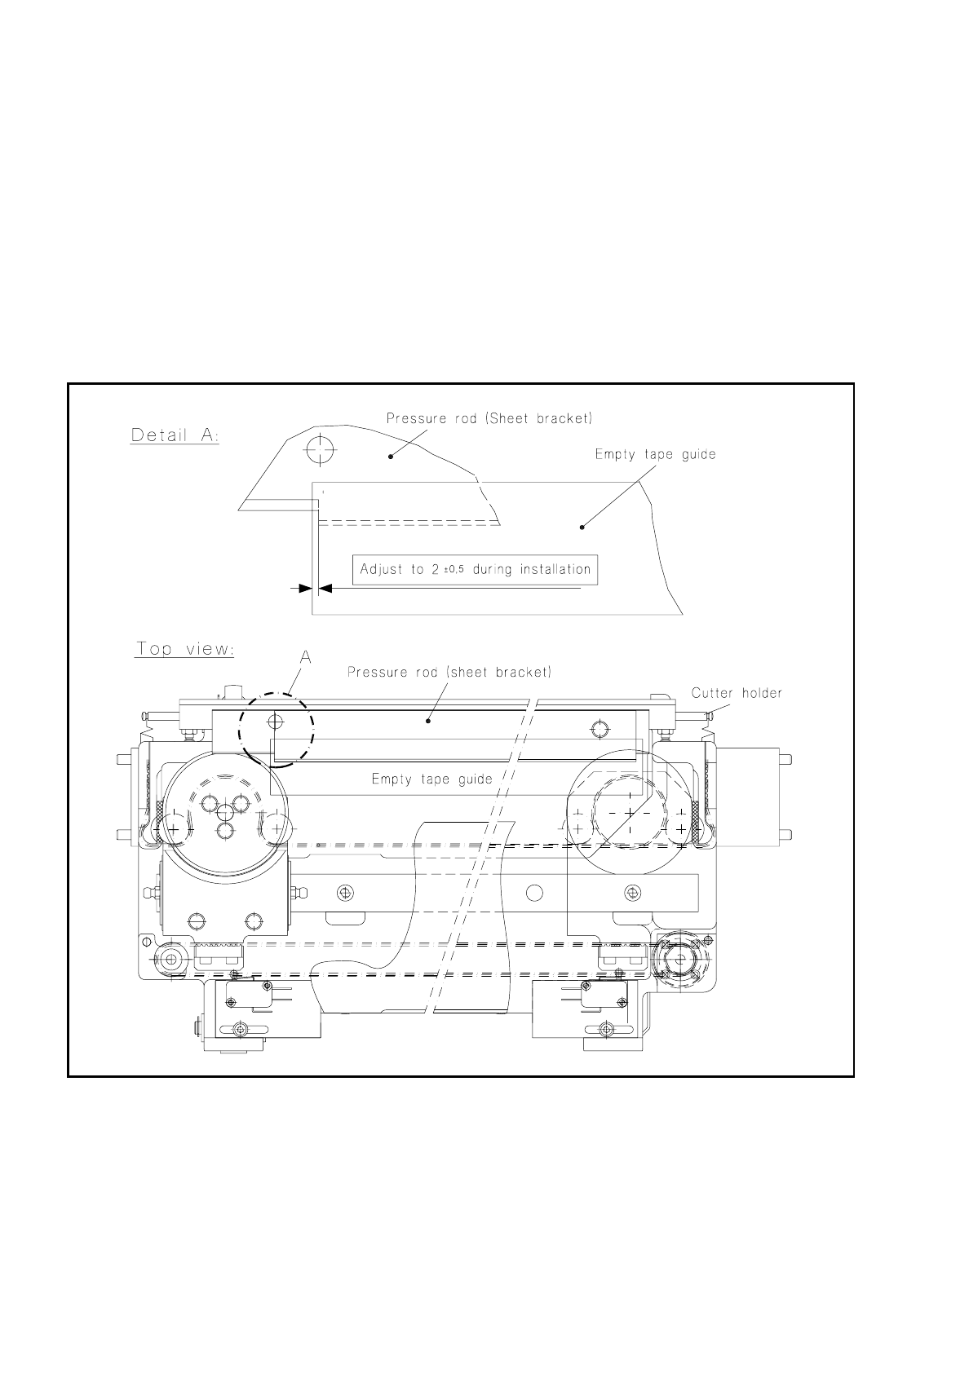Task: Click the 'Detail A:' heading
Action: [175, 435]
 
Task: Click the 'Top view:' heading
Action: [185, 649]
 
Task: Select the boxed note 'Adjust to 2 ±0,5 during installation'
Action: [476, 569]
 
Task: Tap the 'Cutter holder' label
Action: [737, 693]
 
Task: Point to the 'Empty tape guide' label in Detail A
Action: [655, 454]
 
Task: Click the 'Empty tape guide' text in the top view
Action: [431, 779]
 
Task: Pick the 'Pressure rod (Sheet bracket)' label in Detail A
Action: [489, 419]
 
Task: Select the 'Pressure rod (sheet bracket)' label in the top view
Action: [449, 673]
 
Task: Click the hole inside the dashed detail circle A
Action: [276, 722]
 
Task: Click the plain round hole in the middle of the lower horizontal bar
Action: [533, 892]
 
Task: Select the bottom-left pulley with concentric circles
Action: [170, 960]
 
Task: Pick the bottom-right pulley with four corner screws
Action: [679, 959]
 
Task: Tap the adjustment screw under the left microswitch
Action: [239, 1031]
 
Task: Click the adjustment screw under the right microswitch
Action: [604, 1031]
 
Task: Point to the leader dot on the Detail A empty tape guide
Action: [582, 528]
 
